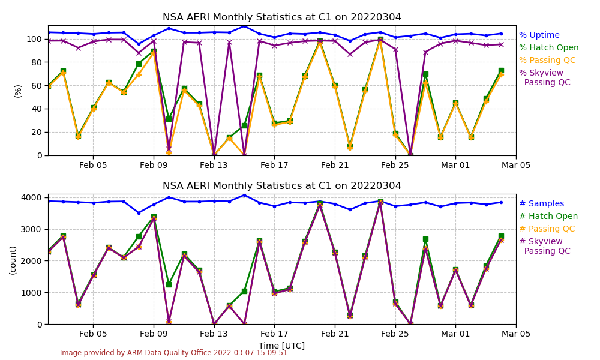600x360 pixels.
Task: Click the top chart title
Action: click(282, 17)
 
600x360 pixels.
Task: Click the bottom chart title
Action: click(282, 186)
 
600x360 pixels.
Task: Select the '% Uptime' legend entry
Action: click(539, 35)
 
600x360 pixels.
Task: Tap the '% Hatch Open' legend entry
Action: click(548, 48)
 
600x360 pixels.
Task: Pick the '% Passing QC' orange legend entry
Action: click(547, 61)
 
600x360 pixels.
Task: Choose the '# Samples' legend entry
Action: click(541, 204)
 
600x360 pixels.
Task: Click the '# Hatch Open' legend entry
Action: click(548, 217)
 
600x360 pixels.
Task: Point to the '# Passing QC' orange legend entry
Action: click(547, 229)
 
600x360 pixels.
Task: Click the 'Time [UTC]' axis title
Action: click(281, 346)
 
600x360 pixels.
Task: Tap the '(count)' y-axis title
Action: click(13, 260)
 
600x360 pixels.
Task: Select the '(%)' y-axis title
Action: click(18, 91)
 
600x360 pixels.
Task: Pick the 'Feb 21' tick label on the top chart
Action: click(335, 166)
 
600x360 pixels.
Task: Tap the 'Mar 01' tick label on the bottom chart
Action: click(455, 334)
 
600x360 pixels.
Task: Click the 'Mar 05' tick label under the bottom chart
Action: click(516, 334)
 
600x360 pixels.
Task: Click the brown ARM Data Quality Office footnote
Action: click(173, 353)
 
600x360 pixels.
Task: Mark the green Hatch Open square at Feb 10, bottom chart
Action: click(169, 284)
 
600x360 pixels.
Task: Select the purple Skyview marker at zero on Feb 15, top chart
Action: click(244, 155)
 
